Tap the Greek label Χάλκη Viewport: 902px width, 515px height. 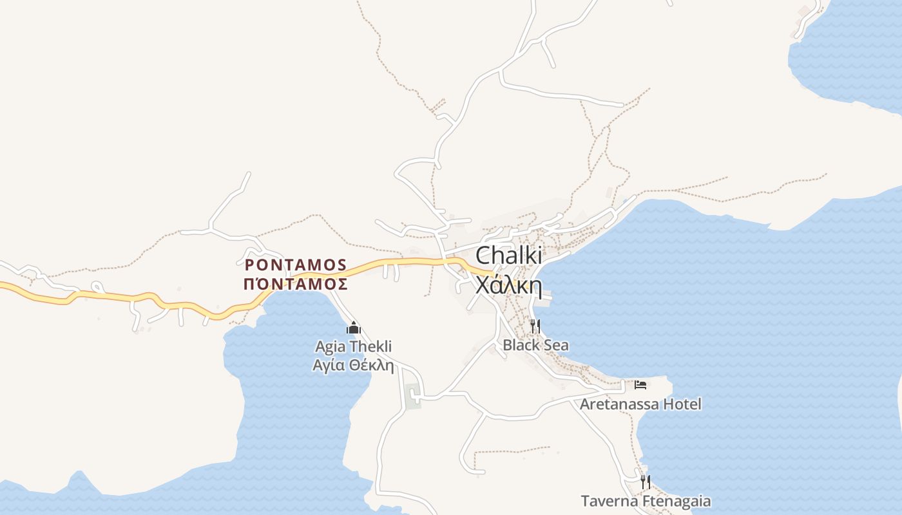pyautogui.click(x=508, y=284)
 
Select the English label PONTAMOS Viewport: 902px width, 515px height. pyautogui.click(x=296, y=265)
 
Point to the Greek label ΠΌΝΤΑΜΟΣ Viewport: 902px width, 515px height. pyautogui.click(x=296, y=284)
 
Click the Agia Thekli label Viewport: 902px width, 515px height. pyautogui.click(x=353, y=346)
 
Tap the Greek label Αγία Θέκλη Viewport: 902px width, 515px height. pyautogui.click(x=353, y=365)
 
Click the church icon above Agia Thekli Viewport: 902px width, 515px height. pyautogui.click(x=353, y=328)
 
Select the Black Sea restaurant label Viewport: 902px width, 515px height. pyautogui.click(x=535, y=345)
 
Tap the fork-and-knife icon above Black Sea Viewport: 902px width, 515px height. pyautogui.click(x=535, y=326)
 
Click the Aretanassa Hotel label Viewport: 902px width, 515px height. pyautogui.click(x=640, y=404)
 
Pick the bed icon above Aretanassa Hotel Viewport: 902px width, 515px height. pyautogui.click(x=640, y=385)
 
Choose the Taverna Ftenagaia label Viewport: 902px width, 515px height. pyautogui.click(x=646, y=501)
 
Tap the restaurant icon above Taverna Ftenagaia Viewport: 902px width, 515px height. pyautogui.click(x=645, y=482)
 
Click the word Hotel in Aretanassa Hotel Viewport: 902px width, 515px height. pyautogui.click(x=682, y=404)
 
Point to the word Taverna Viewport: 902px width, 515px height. pyautogui.click(x=608, y=501)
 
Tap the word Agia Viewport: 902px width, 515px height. pyautogui.click(x=330, y=346)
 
